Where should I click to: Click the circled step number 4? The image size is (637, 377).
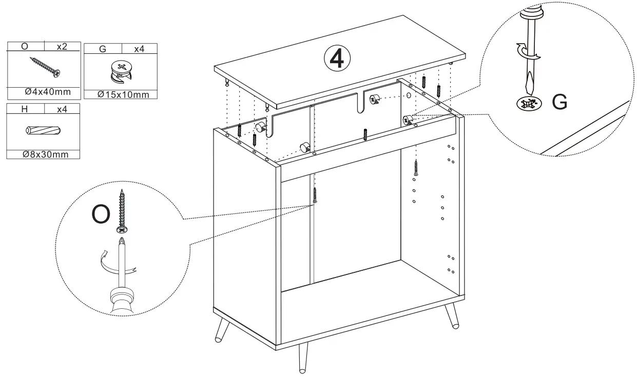(337, 59)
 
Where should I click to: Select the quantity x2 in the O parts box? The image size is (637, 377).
(62, 46)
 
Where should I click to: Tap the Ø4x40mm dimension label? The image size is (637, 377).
(47, 93)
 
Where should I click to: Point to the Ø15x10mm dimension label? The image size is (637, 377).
(123, 94)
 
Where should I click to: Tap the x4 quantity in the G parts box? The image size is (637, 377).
(139, 49)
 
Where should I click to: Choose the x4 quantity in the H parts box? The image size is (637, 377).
(62, 109)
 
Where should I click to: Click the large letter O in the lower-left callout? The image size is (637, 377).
(100, 215)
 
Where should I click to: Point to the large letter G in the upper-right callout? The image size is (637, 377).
(559, 103)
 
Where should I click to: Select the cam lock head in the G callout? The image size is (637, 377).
(529, 103)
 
